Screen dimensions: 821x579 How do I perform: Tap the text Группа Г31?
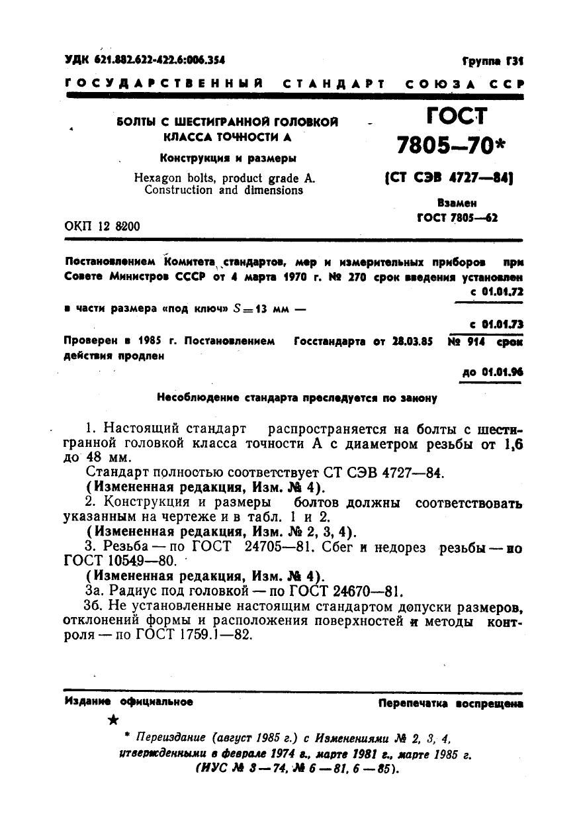point(492,61)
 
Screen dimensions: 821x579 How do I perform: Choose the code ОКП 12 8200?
point(102,226)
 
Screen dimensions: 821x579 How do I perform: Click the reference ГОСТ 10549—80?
point(120,561)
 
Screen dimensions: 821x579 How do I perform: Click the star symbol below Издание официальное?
point(113,720)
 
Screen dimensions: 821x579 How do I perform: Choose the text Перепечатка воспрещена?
point(451,704)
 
